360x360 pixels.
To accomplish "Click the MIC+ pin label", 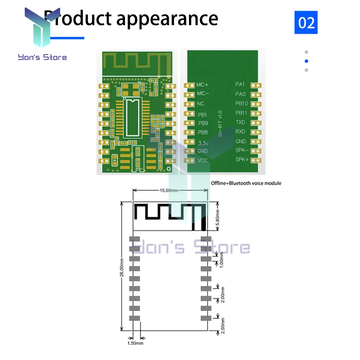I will coord(202,85).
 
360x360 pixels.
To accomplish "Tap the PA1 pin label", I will coord(240,85).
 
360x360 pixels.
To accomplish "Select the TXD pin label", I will coord(240,122).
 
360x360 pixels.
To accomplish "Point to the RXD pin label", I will coord(240,132).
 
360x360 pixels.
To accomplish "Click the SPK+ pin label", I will coord(242,159).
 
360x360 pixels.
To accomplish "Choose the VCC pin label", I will coord(203,160).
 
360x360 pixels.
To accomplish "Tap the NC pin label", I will coord(201,104).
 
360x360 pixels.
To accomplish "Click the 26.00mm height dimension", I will coord(122,266).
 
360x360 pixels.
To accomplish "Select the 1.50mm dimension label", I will coord(135,343).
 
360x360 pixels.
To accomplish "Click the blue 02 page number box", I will coord(306,22).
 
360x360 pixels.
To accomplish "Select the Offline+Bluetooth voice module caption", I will coord(246,183).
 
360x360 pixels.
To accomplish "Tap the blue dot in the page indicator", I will coord(306,61).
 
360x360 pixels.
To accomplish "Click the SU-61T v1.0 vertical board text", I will coord(220,123).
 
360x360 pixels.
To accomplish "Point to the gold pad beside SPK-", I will coord(256,151).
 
